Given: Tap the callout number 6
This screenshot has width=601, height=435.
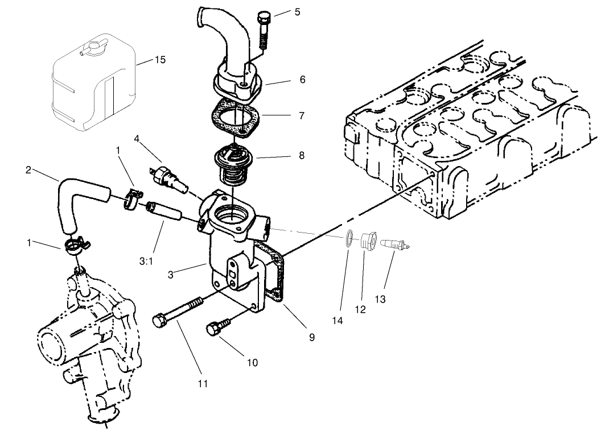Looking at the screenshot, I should click(302, 80).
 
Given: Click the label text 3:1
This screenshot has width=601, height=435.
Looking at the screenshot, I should click(146, 261).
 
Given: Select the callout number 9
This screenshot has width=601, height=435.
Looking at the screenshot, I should click(312, 337).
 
